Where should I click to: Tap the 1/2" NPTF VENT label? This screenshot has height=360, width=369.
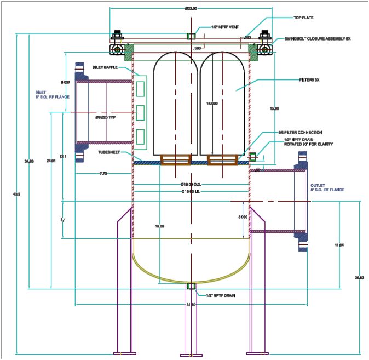[x=223, y=26]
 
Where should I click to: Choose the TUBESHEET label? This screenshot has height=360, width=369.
[x=109, y=152]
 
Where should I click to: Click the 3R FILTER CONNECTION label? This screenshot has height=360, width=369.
[x=299, y=133]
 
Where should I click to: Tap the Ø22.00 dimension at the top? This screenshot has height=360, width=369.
[x=191, y=8]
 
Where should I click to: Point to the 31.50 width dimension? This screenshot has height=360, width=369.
[x=191, y=305]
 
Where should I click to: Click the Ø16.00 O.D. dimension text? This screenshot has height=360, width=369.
[x=192, y=184]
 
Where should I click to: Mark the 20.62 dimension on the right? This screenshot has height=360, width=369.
[x=359, y=278]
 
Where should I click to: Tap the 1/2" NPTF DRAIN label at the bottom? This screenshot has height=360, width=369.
[x=221, y=295]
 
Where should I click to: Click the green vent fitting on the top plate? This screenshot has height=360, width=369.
[x=191, y=36]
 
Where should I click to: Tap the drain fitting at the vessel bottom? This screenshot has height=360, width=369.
[x=191, y=286]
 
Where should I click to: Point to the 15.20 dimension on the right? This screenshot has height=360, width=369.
[x=275, y=108]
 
